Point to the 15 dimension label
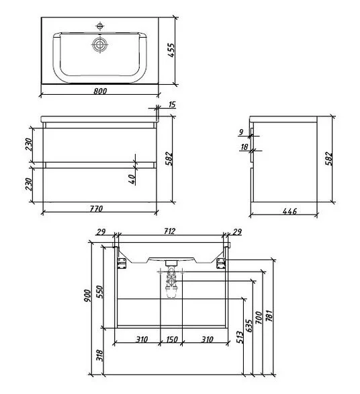tap(173, 104)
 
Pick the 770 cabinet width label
tap(98, 208)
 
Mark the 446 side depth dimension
tap(289, 212)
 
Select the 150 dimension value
tap(171, 339)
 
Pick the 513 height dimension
tap(239, 338)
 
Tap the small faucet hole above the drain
tap(99, 26)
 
